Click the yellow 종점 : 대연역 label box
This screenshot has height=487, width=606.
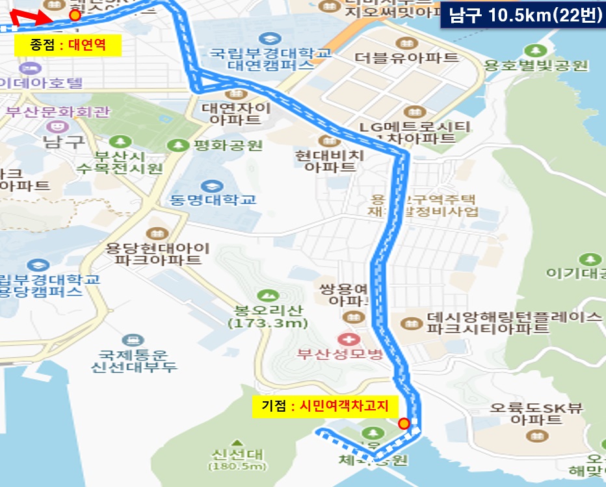(67, 45)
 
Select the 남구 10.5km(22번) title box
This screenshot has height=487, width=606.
(522, 16)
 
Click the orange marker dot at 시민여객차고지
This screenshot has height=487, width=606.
(404, 424)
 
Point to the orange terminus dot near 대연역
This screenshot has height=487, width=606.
(75, 14)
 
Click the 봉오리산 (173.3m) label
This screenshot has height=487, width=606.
(267, 316)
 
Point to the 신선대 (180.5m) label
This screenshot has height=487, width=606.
(237, 459)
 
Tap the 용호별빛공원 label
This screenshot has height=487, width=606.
(536, 66)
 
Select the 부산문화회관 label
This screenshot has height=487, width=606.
(58, 111)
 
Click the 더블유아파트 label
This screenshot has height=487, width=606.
(406, 57)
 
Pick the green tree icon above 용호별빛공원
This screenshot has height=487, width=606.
(536, 51)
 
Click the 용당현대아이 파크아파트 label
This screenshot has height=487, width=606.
(158, 254)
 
